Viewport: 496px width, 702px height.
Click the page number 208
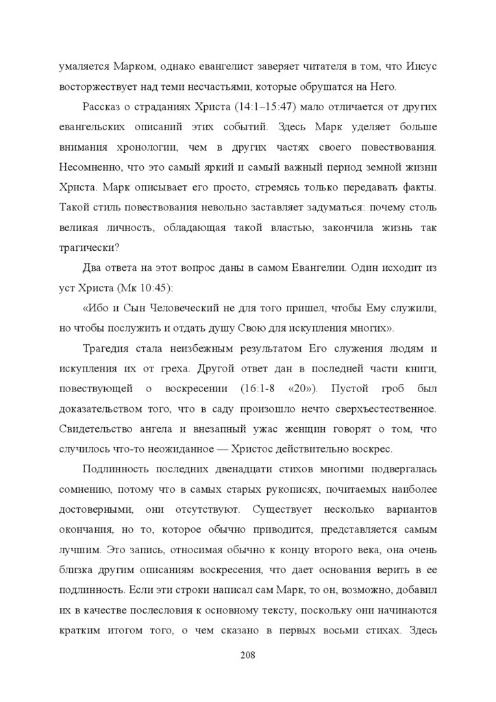[248, 655]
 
